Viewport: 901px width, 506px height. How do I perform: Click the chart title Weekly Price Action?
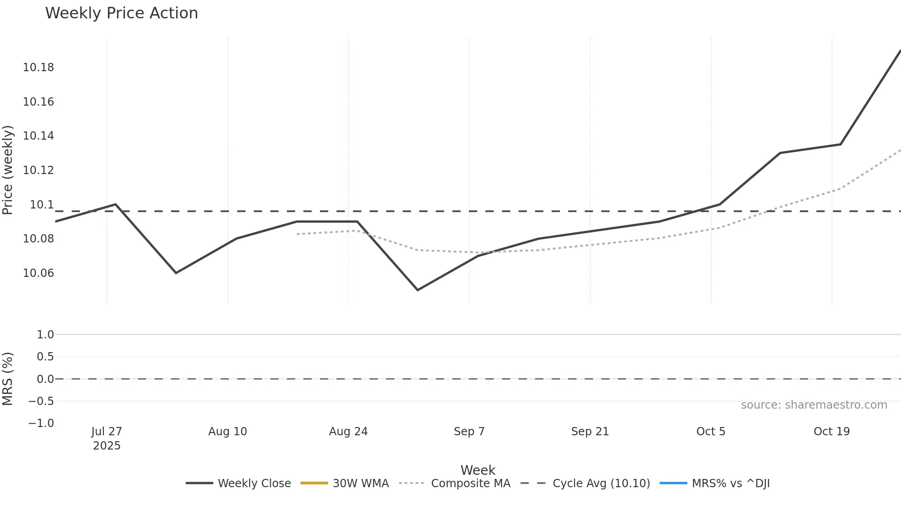point(121,13)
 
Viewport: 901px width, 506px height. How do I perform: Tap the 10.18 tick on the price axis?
point(38,67)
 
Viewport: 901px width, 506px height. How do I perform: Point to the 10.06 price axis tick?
point(38,273)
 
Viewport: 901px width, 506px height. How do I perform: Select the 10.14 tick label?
point(38,136)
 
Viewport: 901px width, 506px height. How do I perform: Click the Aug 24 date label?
point(348,432)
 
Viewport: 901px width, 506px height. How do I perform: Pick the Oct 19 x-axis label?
point(831,432)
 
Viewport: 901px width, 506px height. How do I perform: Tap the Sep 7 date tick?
point(469,432)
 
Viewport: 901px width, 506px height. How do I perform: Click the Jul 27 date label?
point(107,432)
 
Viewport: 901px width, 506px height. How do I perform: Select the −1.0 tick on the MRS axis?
point(41,423)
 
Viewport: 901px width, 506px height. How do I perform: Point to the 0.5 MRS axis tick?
point(45,357)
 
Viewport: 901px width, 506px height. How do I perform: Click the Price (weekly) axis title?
point(8,170)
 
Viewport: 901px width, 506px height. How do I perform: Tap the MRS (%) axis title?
point(8,379)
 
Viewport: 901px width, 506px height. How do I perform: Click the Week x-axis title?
point(478,470)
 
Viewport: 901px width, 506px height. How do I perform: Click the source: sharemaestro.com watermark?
point(814,405)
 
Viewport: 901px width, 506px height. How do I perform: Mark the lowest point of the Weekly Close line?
point(417,290)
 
